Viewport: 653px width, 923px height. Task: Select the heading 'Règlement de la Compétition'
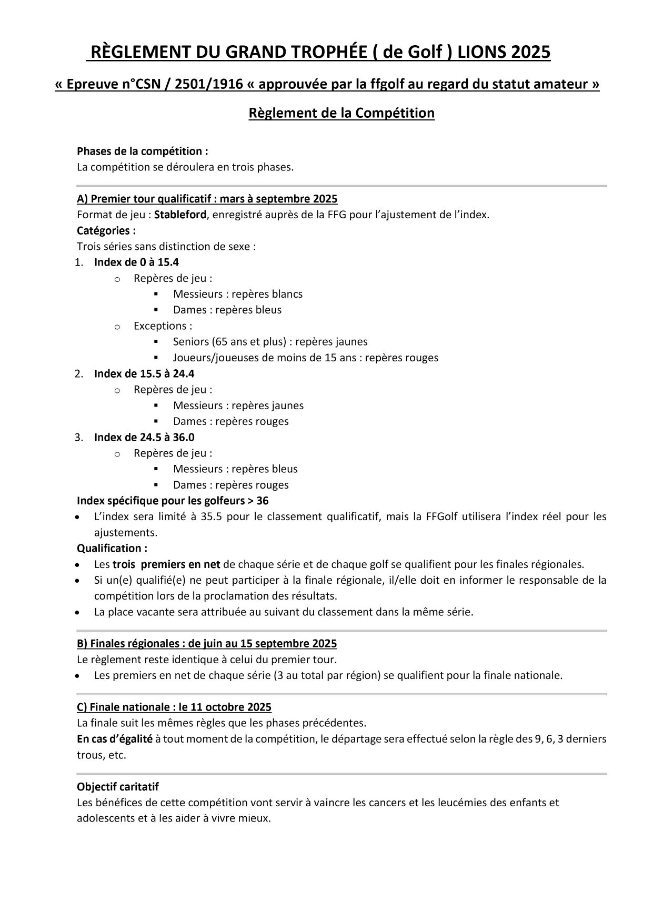tap(341, 113)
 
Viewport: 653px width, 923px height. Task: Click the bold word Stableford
tap(180, 215)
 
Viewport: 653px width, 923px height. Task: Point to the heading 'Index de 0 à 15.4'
tap(136, 262)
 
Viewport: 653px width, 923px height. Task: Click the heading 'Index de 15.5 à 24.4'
tap(144, 373)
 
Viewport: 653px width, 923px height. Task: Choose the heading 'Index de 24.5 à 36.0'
tap(144, 437)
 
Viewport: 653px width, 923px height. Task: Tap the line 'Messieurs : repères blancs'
tap(237, 294)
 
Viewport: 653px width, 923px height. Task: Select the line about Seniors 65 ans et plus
tap(270, 342)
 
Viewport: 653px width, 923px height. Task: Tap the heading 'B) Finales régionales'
tap(207, 643)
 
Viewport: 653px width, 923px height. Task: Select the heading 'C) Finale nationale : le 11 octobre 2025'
tap(174, 707)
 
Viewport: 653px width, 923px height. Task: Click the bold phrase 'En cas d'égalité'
tap(115, 738)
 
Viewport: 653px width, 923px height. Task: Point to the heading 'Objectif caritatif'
tap(118, 787)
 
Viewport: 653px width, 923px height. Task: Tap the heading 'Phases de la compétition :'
tap(143, 151)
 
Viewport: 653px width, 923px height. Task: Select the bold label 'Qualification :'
tap(112, 548)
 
